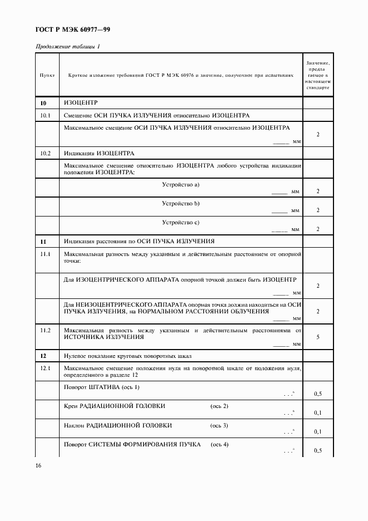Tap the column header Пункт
click(x=47, y=74)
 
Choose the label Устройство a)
click(x=181, y=184)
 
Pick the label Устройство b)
click(x=181, y=203)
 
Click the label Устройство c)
click(x=181, y=223)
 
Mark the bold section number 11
click(x=43, y=241)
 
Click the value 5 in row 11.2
click(x=317, y=337)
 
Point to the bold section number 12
click(x=43, y=355)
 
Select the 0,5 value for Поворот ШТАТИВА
click(x=317, y=394)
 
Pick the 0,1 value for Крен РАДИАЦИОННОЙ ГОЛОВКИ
click(x=317, y=412)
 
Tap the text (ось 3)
click(x=219, y=425)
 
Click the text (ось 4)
click(x=219, y=444)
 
